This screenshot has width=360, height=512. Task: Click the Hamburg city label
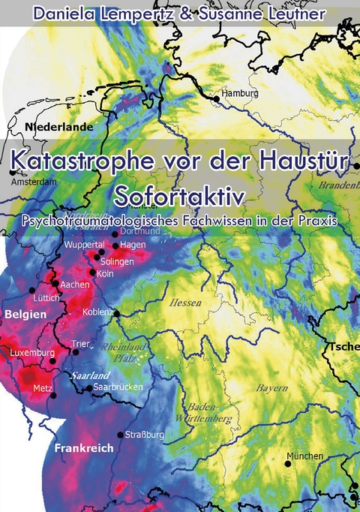tap(240, 94)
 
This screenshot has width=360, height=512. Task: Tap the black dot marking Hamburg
tap(217, 98)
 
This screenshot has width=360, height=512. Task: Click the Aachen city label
tap(75, 285)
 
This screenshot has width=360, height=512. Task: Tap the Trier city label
tap(80, 344)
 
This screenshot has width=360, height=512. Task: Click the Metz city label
tap(43, 388)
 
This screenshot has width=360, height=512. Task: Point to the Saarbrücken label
tap(119, 388)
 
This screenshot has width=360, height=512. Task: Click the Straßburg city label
tap(145, 434)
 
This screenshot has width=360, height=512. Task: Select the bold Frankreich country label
tap(84, 448)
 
